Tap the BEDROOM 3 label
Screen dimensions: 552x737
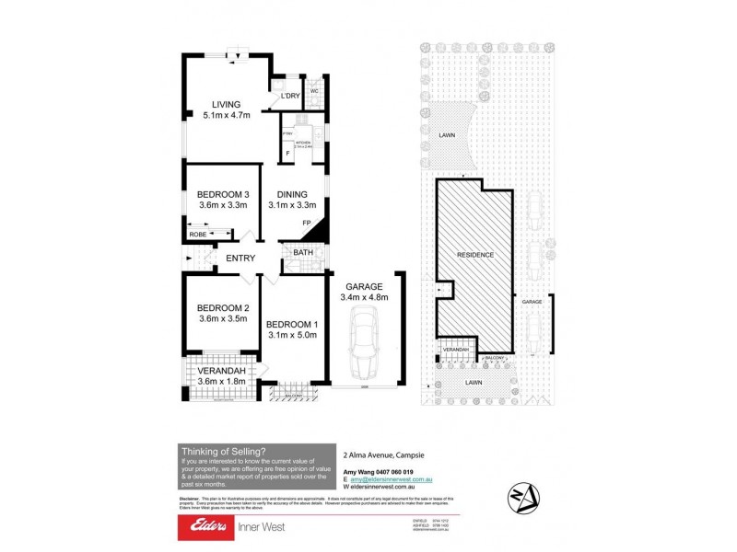(x=223, y=194)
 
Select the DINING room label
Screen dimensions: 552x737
(x=293, y=194)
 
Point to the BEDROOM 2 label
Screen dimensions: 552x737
(x=223, y=307)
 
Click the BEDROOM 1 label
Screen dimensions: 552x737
(x=292, y=324)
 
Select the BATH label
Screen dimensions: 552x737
(x=303, y=253)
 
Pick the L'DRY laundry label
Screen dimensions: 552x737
(x=290, y=97)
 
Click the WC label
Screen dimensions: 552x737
(x=314, y=90)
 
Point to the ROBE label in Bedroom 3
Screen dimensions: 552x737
(x=198, y=236)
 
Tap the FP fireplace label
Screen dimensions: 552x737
(x=307, y=224)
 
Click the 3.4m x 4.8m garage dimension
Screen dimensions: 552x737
(x=365, y=297)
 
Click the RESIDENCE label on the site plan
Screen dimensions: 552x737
(x=477, y=255)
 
